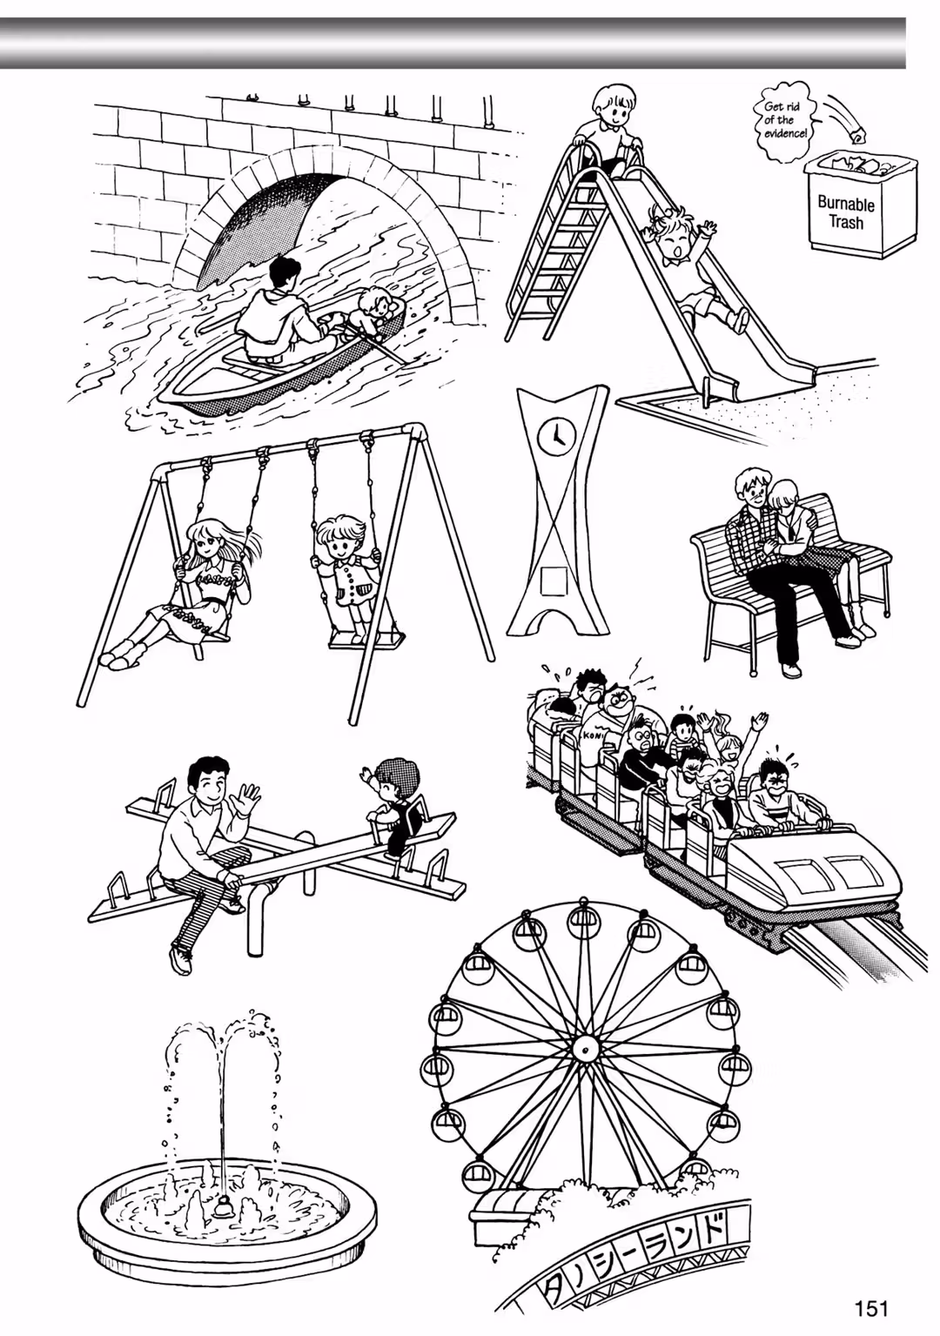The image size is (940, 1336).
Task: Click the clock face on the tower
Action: point(556,434)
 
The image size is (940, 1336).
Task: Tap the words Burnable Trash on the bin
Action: point(846,213)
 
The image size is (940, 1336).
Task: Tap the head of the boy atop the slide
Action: point(611,104)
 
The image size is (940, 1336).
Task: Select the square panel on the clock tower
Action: point(554,581)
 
